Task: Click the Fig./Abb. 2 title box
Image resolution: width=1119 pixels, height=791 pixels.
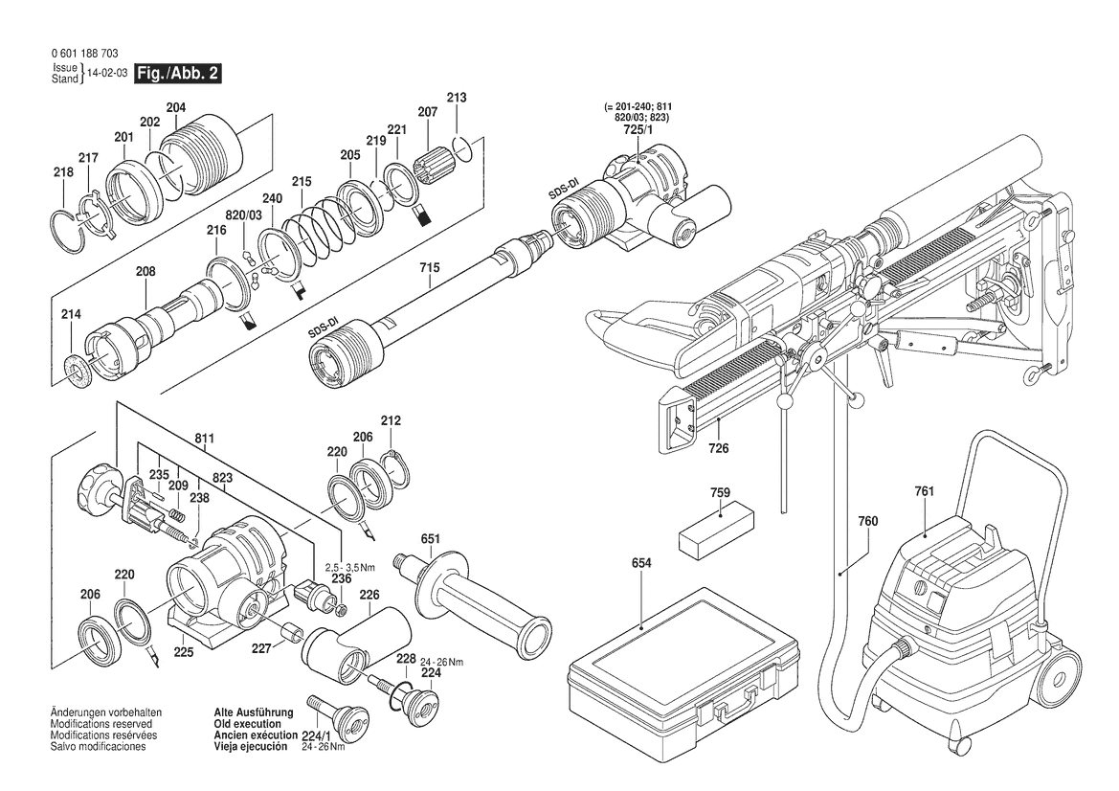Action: [178, 73]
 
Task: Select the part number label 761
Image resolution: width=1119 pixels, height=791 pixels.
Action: [924, 491]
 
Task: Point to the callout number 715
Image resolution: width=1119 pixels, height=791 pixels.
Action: [430, 268]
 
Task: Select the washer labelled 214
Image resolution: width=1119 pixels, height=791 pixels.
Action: [78, 371]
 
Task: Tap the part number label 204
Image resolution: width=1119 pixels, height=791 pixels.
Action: [175, 108]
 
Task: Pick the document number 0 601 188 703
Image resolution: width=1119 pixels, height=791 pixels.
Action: [85, 54]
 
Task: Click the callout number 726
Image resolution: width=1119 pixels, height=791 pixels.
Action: [719, 448]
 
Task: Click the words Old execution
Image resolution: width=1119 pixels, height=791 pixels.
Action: [248, 724]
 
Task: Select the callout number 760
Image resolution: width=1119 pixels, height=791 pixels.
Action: [868, 521]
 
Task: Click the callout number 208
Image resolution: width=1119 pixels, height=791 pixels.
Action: [145, 271]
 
